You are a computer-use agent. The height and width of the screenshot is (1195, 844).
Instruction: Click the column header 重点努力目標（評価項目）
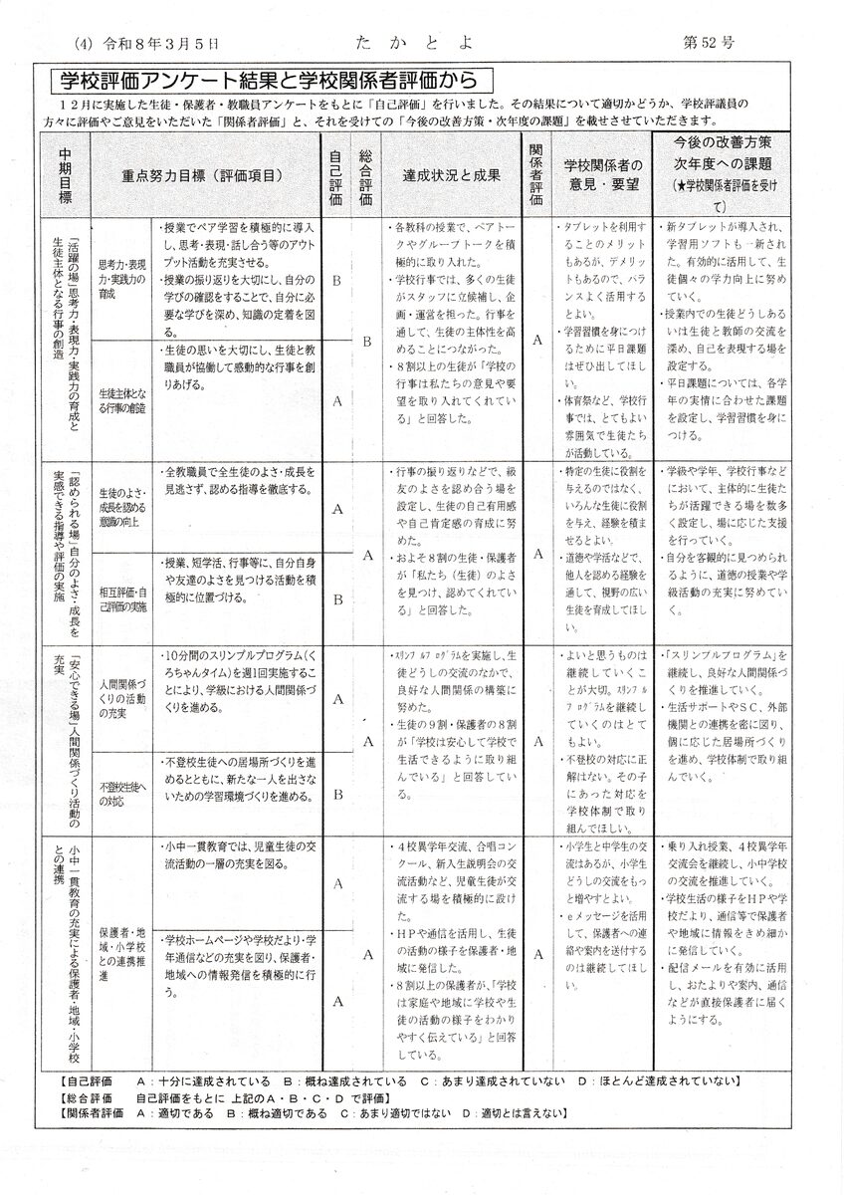205,173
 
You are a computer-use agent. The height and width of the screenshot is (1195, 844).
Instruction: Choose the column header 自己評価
335,173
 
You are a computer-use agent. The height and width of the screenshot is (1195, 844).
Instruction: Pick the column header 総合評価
365,173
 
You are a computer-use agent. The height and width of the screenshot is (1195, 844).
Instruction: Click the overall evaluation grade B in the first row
365,341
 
